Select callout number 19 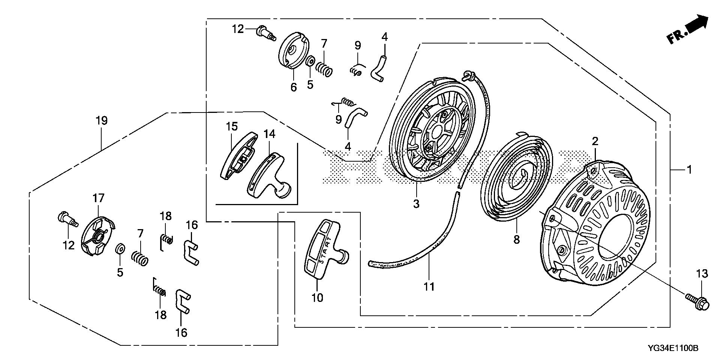click(102, 121)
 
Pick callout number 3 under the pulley click(416, 204)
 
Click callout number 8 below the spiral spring click(517, 239)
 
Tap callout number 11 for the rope click(429, 287)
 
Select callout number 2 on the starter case click(595, 141)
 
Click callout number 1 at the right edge click(689, 169)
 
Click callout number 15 click(232, 126)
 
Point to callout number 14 click(269, 134)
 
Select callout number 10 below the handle click(317, 298)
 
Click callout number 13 click(702, 274)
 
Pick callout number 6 click(294, 87)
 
